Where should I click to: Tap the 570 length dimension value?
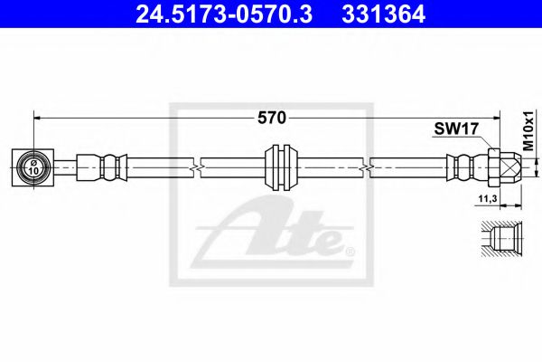click(x=271, y=117)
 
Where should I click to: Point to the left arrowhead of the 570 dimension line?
click(x=38, y=117)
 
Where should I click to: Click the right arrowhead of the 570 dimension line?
click(x=499, y=117)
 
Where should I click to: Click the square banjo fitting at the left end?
click(x=33, y=166)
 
